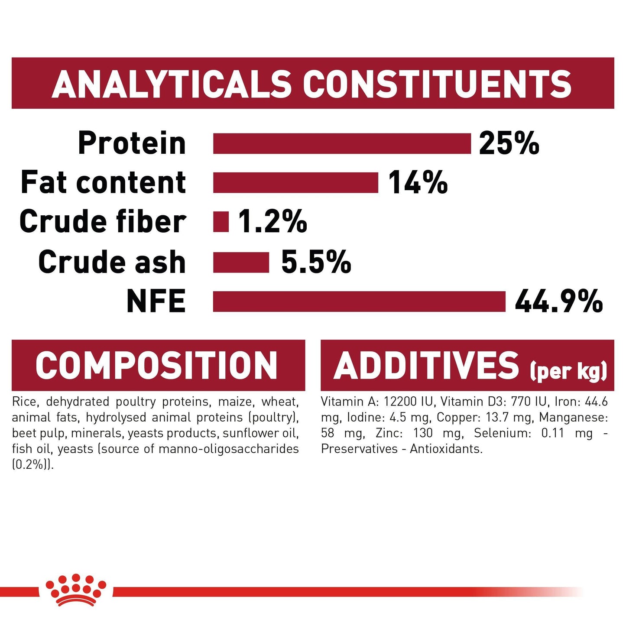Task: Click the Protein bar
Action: [341, 143]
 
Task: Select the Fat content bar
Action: [295, 182]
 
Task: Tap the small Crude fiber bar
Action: [221, 222]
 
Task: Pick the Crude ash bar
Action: [241, 263]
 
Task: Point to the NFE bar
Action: [359, 302]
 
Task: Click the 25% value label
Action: [509, 143]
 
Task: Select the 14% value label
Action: [418, 182]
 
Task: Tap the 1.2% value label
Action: [272, 222]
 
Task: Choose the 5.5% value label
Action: [316, 263]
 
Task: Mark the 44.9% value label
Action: [558, 302]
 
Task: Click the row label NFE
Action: [156, 302]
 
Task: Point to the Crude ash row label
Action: [112, 263]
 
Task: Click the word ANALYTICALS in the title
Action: [172, 84]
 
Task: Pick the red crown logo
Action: [76, 590]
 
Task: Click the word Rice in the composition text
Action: [24, 402]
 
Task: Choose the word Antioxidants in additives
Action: [446, 449]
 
